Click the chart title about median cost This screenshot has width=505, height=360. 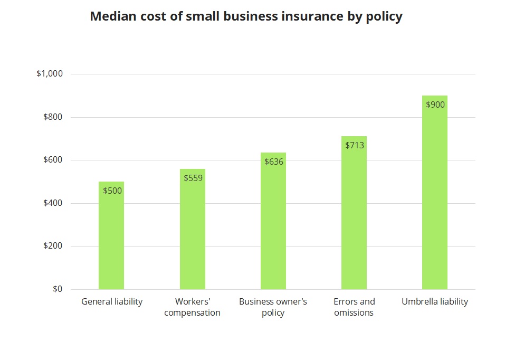[x=246, y=16]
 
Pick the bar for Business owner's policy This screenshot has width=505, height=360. [x=273, y=227]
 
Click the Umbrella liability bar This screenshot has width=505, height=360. [x=435, y=201]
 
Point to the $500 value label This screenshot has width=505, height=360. [x=112, y=191]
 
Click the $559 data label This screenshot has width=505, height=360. [x=193, y=178]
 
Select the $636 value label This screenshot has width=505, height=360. [x=274, y=162]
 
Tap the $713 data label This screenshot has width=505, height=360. [x=355, y=145]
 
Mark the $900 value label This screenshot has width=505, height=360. [x=435, y=105]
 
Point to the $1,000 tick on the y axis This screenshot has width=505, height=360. [x=50, y=74]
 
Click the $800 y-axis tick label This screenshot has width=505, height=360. [x=53, y=117]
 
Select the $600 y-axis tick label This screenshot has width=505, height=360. [x=53, y=160]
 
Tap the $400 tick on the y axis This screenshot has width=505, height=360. [x=53, y=203]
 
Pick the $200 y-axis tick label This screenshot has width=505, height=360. [x=53, y=247]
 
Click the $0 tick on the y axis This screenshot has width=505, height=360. [x=57, y=289]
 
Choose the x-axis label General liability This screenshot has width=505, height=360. [x=112, y=302]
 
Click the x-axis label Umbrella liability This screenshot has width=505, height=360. [x=435, y=302]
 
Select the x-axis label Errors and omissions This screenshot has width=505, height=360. [x=354, y=307]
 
